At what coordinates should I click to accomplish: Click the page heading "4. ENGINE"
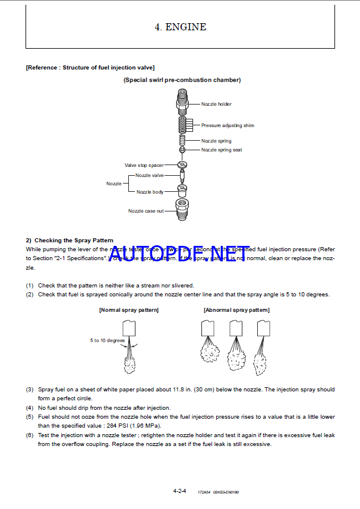pos(180,27)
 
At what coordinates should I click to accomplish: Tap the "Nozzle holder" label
pos(216,105)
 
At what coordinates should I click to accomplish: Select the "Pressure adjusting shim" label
pos(228,125)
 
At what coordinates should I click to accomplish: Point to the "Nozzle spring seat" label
pos(222,150)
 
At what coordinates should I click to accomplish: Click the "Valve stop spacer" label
pos(144,165)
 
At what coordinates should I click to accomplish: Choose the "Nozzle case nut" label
pos(146,211)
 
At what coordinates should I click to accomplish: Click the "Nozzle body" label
pos(150,192)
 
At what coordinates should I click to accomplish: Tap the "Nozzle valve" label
pos(149,175)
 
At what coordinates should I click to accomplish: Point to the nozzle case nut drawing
pos(182,209)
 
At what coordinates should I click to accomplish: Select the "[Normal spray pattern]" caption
pos(129,310)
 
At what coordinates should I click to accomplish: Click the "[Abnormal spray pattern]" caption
pos(236,310)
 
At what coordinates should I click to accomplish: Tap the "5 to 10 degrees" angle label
pos(108,340)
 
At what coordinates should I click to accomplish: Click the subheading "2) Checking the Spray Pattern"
pos(70,240)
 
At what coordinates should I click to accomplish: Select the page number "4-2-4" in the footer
pos(179,491)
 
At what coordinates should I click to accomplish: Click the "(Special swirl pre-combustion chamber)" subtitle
pos(182,80)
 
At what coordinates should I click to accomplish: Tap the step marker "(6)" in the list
pos(29,435)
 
